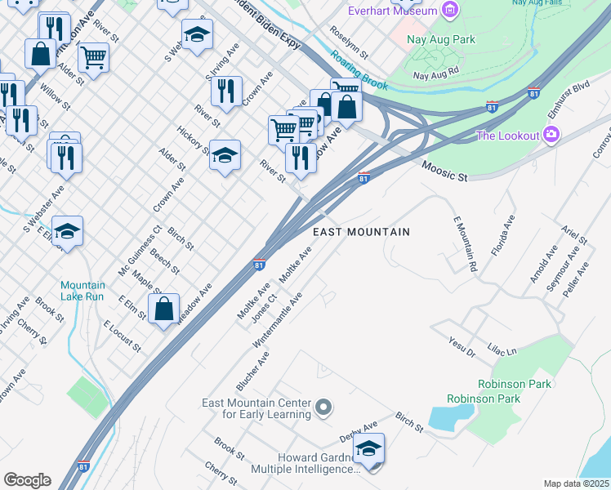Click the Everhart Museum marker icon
click(x=448, y=10)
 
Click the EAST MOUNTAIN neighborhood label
click(x=362, y=233)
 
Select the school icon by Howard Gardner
click(x=369, y=448)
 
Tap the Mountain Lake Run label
click(x=83, y=292)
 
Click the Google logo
click(x=27, y=480)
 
